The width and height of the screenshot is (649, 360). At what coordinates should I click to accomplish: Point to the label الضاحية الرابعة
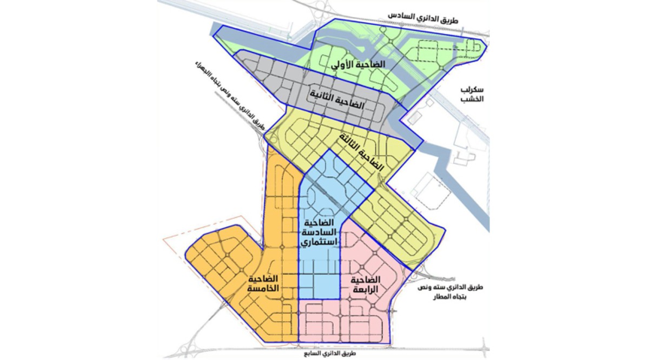tap(365, 284)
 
